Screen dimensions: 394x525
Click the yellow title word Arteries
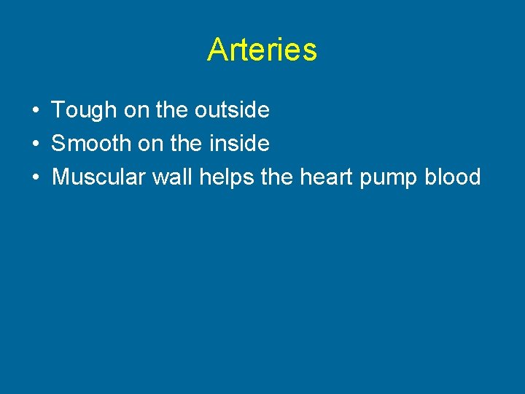coord(262,50)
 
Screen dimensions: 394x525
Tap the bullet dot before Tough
coord(35,111)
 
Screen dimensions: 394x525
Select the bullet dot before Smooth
coord(35,144)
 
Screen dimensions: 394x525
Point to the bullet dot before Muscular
coord(35,177)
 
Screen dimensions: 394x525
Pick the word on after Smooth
coord(150,144)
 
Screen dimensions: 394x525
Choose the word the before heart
coord(276,177)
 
